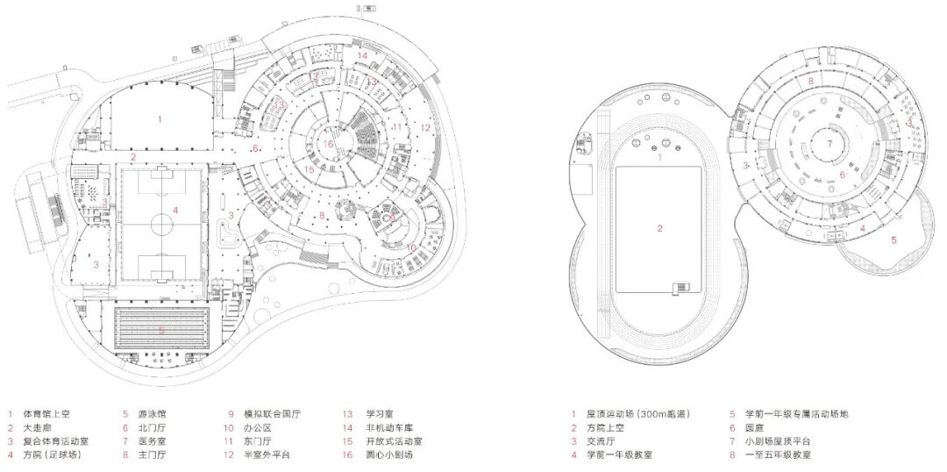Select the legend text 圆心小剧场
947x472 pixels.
point(389,455)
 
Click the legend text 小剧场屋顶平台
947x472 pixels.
point(778,441)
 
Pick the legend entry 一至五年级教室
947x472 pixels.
point(778,455)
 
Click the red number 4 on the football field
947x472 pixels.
point(176,210)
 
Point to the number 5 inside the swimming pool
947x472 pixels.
point(162,330)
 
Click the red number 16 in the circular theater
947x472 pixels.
point(328,144)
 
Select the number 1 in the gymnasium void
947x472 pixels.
point(160,117)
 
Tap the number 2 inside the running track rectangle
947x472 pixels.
point(659,228)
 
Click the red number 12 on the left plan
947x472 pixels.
point(424,127)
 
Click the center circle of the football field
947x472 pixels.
point(162,224)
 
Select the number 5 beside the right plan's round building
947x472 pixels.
point(894,239)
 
